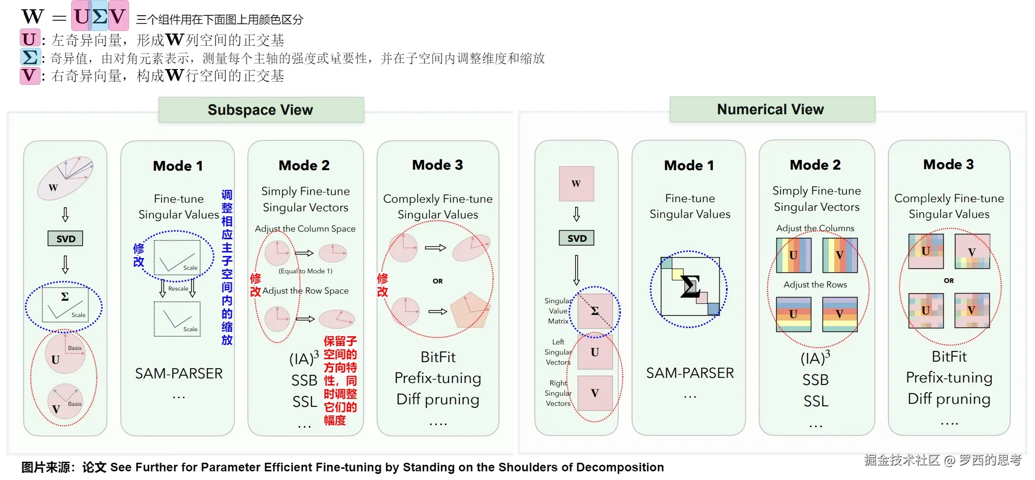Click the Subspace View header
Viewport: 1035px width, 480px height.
click(x=261, y=110)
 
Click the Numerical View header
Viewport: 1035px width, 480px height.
click(x=771, y=109)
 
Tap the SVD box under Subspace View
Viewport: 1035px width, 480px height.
click(x=66, y=239)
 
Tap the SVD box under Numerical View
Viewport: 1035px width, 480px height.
click(x=577, y=238)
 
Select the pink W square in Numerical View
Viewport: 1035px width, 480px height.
click(x=576, y=183)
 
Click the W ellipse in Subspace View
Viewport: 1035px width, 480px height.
click(x=65, y=178)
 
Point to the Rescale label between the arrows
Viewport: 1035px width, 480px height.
click(x=178, y=289)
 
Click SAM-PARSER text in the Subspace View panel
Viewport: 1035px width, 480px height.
click(x=179, y=374)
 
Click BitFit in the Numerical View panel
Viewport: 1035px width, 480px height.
click(x=949, y=357)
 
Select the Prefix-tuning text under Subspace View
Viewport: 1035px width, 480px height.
click(x=437, y=378)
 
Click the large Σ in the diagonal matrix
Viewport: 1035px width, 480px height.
click(x=690, y=286)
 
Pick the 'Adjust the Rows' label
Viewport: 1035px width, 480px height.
click(x=815, y=284)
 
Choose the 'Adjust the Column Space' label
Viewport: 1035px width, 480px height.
click(x=305, y=229)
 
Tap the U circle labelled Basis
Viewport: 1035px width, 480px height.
click(x=65, y=353)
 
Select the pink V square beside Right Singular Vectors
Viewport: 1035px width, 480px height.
click(x=594, y=393)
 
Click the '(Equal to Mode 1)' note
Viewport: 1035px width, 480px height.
click(x=305, y=271)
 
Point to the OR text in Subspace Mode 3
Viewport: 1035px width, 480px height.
click(x=437, y=281)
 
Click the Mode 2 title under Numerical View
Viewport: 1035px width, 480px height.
click(x=815, y=165)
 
